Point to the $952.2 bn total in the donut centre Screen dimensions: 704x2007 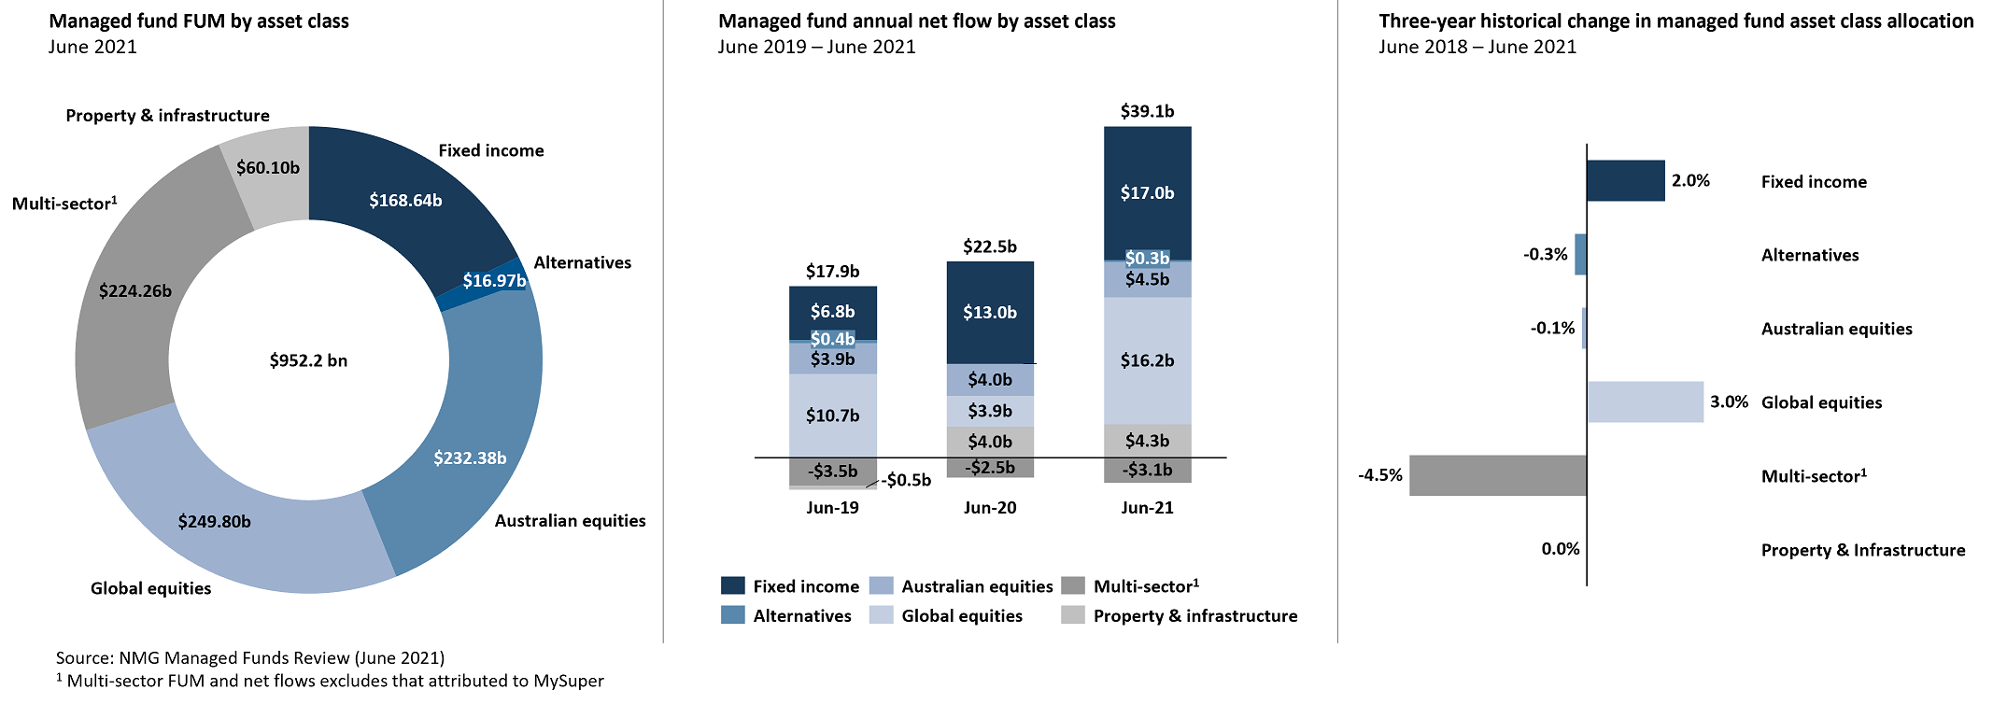[x=308, y=360]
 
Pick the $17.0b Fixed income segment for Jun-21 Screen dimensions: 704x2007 [x=1147, y=192]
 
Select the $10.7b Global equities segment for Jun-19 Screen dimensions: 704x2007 [x=832, y=415]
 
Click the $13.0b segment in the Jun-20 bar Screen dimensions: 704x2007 [x=990, y=312]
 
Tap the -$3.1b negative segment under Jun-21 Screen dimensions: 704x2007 [x=1147, y=470]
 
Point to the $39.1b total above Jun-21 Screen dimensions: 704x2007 [x=1147, y=111]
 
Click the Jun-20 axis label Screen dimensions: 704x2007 [x=990, y=507]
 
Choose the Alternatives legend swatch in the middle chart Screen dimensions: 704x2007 [x=733, y=615]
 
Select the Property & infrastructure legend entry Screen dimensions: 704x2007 [x=1194, y=615]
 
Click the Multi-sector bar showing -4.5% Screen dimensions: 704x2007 [x=1497, y=475]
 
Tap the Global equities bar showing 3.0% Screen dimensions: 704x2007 [x=1645, y=401]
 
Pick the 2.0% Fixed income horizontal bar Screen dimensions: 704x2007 [x=1625, y=180]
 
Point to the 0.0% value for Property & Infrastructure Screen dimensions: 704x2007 [x=1561, y=549]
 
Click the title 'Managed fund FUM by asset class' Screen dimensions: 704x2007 [x=199, y=21]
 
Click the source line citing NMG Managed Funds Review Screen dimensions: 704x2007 [x=250, y=657]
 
